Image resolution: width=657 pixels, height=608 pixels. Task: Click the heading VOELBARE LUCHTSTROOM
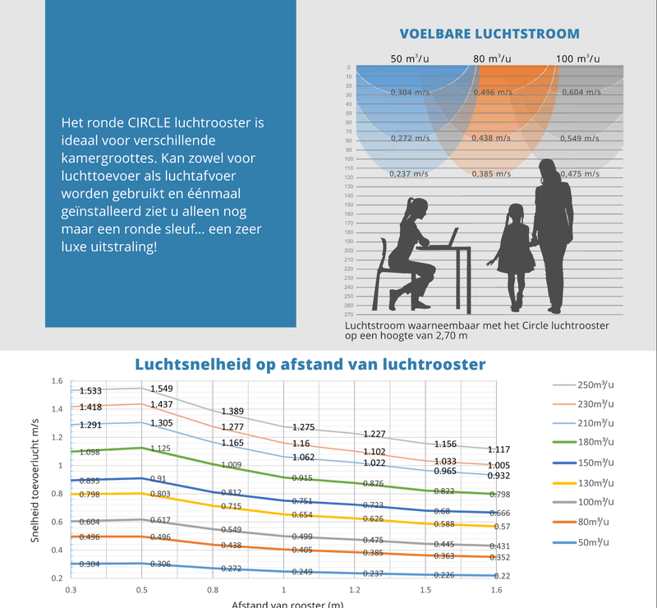(x=489, y=34)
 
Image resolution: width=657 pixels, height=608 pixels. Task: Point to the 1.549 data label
(x=161, y=388)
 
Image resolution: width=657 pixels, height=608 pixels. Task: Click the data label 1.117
(x=499, y=449)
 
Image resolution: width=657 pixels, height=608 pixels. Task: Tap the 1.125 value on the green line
(x=160, y=448)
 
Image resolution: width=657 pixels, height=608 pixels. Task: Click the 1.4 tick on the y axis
(x=57, y=409)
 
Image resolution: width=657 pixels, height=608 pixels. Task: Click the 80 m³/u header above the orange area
(x=492, y=58)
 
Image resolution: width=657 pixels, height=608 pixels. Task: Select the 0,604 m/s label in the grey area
(x=580, y=92)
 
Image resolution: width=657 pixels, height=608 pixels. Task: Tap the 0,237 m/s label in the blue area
(x=409, y=173)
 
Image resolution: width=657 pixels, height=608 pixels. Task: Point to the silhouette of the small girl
(x=515, y=255)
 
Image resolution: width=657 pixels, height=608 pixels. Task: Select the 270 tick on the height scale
(x=349, y=315)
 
